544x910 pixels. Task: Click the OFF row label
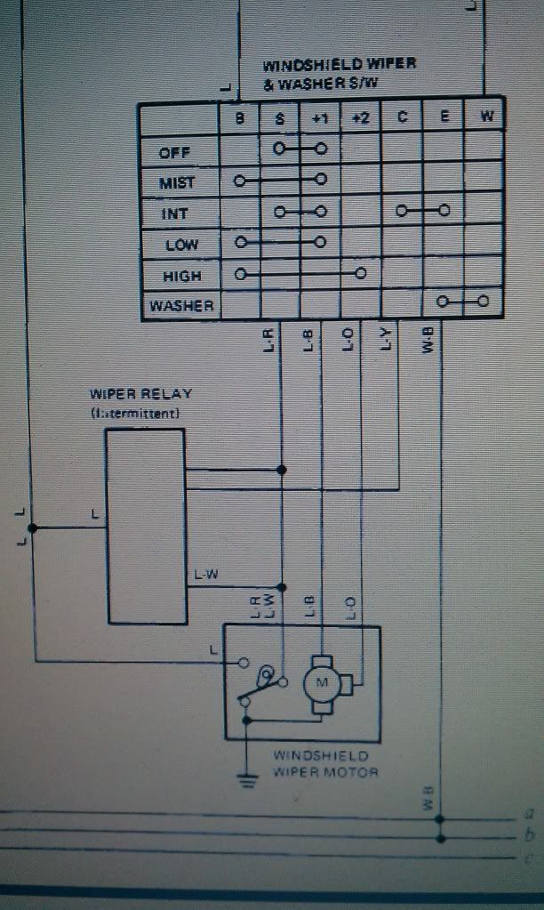(174, 152)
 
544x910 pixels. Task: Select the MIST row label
(176, 183)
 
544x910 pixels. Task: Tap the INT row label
(175, 213)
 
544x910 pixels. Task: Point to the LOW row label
(181, 245)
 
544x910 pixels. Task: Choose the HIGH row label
(182, 276)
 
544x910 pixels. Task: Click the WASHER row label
(181, 306)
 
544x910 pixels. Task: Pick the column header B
(239, 117)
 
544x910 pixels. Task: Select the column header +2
(361, 117)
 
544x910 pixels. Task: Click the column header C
(402, 117)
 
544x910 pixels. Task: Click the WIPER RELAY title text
(140, 394)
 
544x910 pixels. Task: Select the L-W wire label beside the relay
(206, 576)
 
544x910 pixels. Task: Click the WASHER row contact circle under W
(484, 302)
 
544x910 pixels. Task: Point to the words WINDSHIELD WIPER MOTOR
(325, 763)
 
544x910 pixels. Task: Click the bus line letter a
(529, 812)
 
